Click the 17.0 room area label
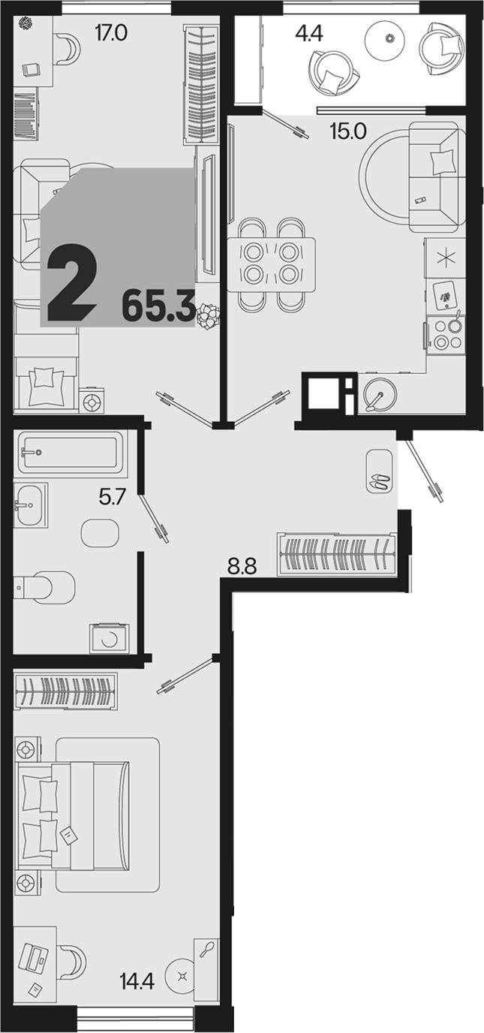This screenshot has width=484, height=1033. click(x=110, y=34)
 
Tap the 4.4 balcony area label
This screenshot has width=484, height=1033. click(x=309, y=34)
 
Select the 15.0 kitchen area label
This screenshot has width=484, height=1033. click(x=348, y=132)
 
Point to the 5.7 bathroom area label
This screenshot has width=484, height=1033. click(x=113, y=497)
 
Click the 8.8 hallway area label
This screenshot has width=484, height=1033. click(x=242, y=566)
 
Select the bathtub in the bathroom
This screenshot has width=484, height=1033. click(x=71, y=453)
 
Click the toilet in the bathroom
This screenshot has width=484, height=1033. click(x=44, y=587)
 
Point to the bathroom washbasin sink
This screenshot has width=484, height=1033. click(x=31, y=504)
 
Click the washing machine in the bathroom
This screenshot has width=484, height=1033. click(x=110, y=639)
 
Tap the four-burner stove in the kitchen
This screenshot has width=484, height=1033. click(x=446, y=334)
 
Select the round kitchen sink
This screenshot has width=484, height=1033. click(x=380, y=395)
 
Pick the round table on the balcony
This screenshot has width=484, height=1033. click(x=386, y=39)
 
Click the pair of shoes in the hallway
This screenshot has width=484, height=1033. click(x=380, y=481)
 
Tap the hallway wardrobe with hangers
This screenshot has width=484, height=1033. click(x=336, y=553)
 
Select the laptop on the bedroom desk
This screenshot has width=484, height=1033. click(x=35, y=956)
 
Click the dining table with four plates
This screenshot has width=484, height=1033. click(x=272, y=264)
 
